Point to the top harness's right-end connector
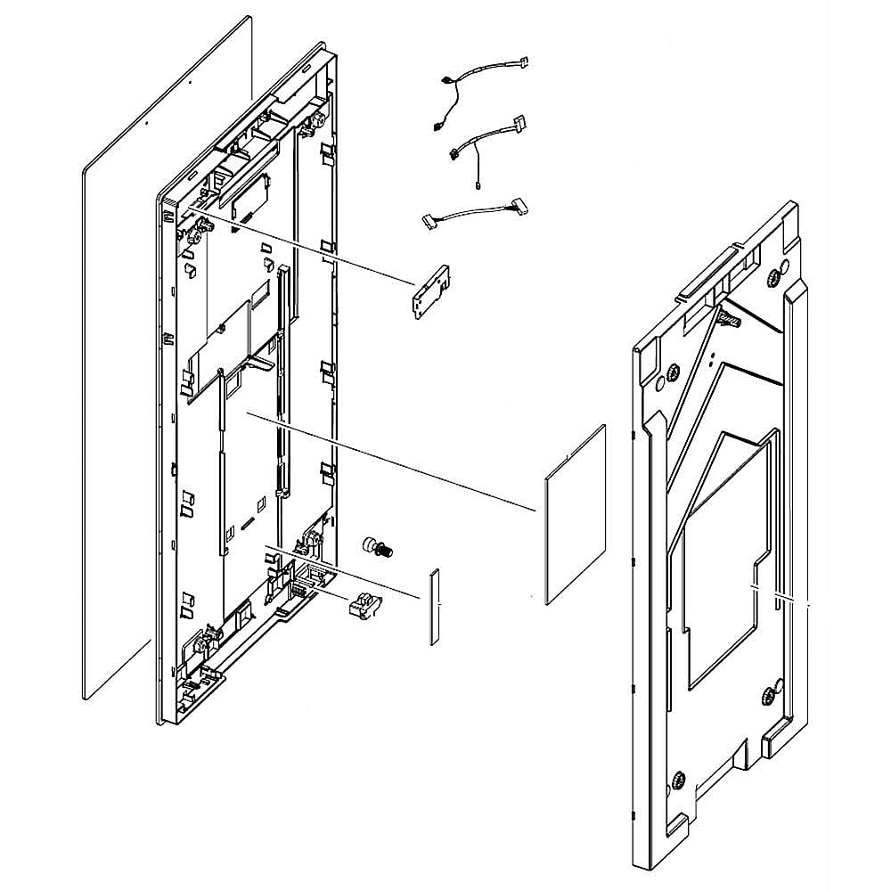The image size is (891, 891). (523, 61)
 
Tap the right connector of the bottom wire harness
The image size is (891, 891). (518, 208)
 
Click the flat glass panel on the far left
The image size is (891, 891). (160, 356)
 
